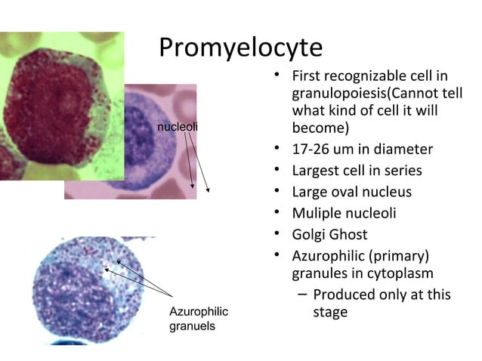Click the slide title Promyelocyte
(x=240, y=47)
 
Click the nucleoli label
(x=177, y=126)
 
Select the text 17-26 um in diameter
(x=362, y=149)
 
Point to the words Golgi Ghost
(x=329, y=234)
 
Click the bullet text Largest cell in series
(x=357, y=170)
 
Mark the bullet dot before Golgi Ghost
(x=278, y=233)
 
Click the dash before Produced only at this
(x=301, y=295)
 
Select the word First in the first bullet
(x=307, y=76)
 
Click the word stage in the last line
(x=330, y=312)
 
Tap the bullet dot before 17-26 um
(x=278, y=148)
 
